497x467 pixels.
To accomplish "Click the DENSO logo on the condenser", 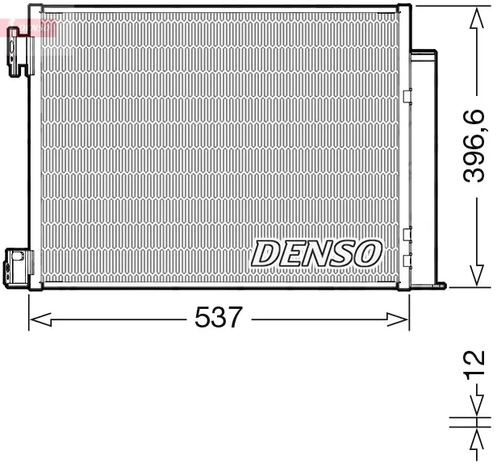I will click(316, 252).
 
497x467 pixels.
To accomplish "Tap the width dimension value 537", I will click(218, 318).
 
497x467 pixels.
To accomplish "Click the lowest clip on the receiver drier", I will click(407, 258).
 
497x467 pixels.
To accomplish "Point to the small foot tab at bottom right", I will click(440, 283).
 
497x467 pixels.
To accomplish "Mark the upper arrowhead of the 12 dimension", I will click(477, 407).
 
